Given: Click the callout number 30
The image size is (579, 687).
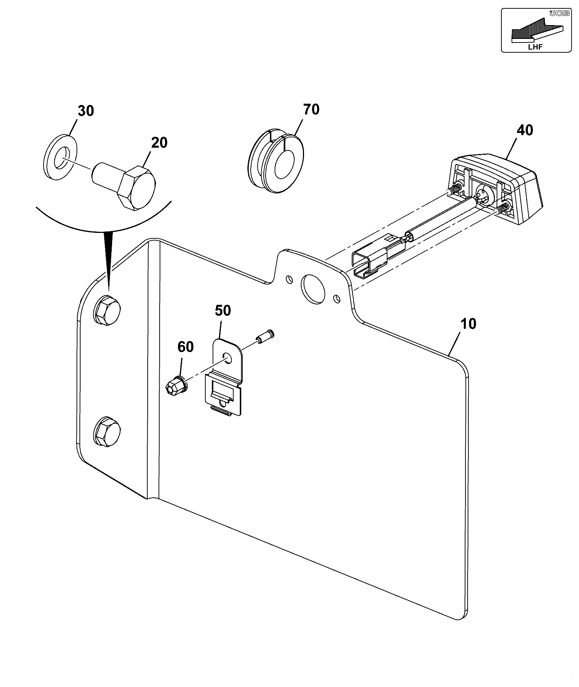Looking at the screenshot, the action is (86, 111).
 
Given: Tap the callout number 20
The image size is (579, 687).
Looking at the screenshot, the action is (159, 143).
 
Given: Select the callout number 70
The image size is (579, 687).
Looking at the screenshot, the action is (311, 109).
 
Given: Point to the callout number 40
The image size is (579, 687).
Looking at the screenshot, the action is (525, 130).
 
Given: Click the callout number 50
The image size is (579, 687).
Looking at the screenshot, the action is (223, 311).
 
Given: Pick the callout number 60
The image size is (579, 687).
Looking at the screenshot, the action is (185, 347).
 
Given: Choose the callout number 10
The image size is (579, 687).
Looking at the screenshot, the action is (468, 324).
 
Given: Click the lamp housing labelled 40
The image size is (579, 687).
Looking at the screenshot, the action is (497, 189).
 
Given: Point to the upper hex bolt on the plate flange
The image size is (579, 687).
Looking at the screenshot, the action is (107, 311).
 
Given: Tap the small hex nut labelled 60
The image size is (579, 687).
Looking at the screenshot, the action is (176, 386).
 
